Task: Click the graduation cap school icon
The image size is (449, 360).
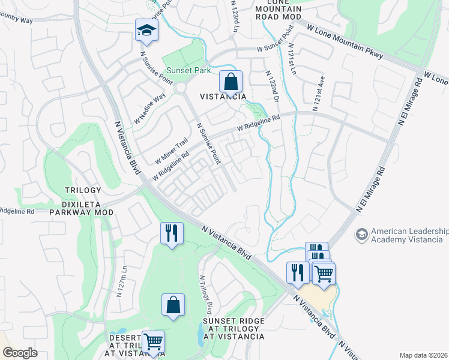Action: [x=146, y=30]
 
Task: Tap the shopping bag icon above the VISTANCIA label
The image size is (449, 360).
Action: [x=230, y=81]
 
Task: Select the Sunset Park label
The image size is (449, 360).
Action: [x=188, y=71]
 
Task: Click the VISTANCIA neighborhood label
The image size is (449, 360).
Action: [x=223, y=97]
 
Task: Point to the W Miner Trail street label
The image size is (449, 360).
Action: [x=171, y=150]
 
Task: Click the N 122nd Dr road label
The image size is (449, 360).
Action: [x=273, y=85]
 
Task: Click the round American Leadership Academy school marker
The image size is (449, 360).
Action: [x=361, y=235]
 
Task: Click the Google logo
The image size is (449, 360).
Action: [x=20, y=353]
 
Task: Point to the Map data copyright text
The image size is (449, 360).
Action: [x=424, y=355]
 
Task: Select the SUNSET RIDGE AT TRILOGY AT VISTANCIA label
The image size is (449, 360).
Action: [x=234, y=329]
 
